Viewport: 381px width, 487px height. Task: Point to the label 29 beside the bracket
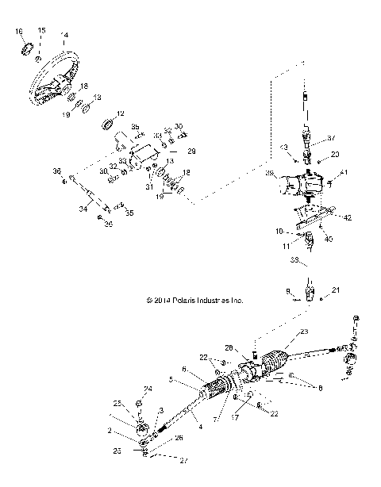[190, 150]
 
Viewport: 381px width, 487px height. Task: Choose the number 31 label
[148, 186]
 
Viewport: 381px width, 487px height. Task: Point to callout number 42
[348, 216]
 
